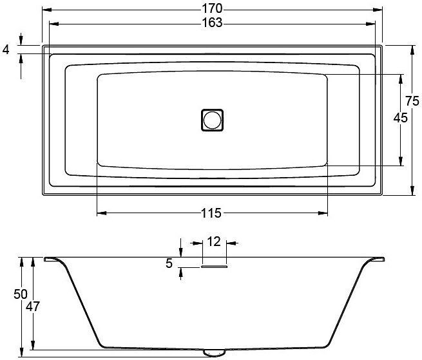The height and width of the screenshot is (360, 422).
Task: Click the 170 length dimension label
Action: point(213,8)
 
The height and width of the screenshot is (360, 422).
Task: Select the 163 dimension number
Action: point(213,23)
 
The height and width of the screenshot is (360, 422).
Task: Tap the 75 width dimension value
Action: point(412,101)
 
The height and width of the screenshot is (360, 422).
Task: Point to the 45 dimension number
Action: point(401,118)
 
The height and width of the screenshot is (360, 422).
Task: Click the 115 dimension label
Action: point(211,213)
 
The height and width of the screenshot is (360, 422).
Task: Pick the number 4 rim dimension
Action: point(6,50)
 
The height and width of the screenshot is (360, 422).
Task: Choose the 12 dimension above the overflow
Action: point(214,242)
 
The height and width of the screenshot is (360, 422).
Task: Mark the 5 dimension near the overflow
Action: point(169,263)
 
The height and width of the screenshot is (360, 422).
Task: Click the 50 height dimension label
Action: point(21,294)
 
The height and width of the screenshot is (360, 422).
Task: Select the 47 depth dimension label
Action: point(33,306)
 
